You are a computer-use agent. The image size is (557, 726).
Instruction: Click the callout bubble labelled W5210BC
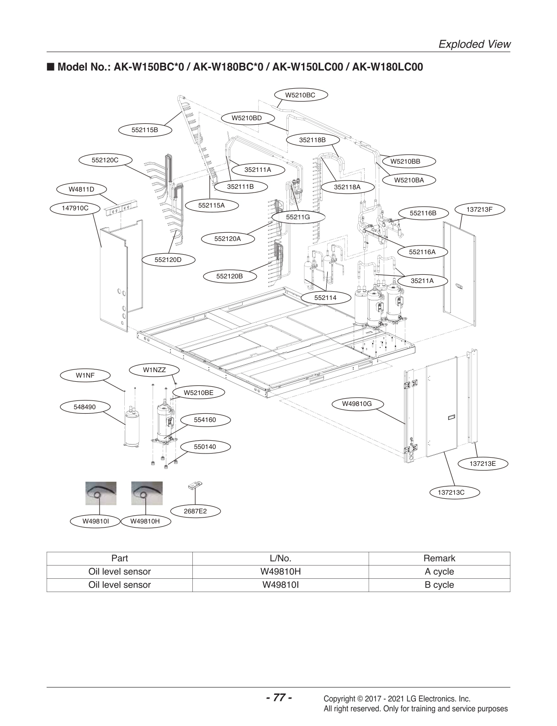coord(300,95)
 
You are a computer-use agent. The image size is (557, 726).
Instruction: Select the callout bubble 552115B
coord(144,130)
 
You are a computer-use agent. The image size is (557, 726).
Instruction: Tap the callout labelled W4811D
coord(81,189)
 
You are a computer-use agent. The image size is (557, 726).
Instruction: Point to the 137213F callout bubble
coord(479,210)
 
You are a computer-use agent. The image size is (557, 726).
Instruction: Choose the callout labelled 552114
coord(325,298)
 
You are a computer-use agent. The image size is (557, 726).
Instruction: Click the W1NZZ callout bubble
coord(154,370)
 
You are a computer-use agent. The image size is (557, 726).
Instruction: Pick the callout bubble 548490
coord(85,406)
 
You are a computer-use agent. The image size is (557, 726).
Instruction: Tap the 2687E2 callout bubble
coord(195,511)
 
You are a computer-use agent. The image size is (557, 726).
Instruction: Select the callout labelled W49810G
coord(357,404)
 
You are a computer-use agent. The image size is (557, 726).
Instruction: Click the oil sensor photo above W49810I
coord(101,493)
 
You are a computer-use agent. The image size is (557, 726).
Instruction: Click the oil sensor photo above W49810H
coord(146,493)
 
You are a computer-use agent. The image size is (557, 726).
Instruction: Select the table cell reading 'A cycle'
coord(439,571)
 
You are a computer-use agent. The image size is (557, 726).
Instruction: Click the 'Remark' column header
coord(439,558)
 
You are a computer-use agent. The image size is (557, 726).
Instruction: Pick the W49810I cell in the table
coord(280,585)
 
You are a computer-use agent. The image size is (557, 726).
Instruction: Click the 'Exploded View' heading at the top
coord(474,44)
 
